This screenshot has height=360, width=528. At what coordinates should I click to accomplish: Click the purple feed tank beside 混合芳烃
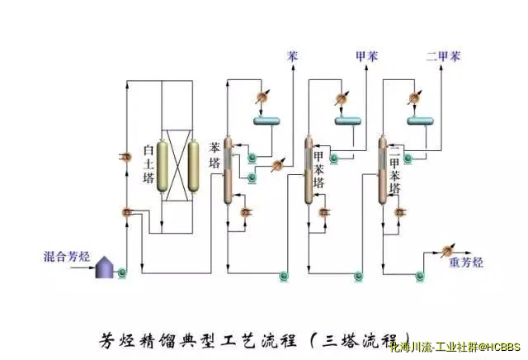pyautogui.click(x=105, y=266)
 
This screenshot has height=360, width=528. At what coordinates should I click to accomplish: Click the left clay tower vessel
pyautogui.click(x=163, y=163)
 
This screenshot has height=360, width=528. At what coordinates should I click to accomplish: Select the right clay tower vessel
pyautogui.click(x=194, y=163)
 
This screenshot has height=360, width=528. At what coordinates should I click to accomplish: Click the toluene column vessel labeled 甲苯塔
pyautogui.click(x=309, y=171)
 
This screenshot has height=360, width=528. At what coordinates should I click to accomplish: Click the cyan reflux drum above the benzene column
pyautogui.click(x=267, y=122)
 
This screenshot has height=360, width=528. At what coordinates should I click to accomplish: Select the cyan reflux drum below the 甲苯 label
pyautogui.click(x=347, y=122)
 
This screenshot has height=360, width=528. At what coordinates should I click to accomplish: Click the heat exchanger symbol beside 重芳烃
pyautogui.click(x=448, y=249)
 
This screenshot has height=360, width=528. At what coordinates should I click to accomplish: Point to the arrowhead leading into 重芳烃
pyautogui.click(x=469, y=249)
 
